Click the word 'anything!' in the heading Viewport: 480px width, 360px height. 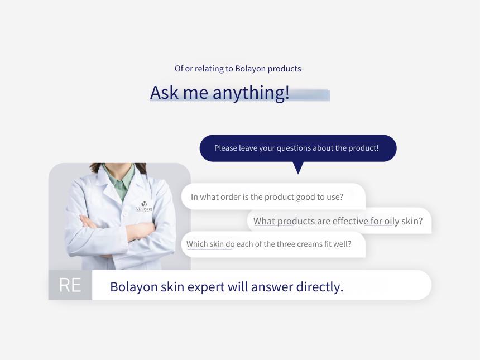tap(251, 93)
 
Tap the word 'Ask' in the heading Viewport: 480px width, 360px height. tap(164, 93)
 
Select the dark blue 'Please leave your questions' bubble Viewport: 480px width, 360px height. tap(298, 148)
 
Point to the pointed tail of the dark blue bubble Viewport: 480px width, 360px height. tap(298, 173)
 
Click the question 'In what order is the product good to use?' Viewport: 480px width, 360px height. tap(267, 197)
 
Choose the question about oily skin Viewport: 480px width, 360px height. tap(338, 221)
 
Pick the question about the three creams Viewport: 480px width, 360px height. tap(269, 244)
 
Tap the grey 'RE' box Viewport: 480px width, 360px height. tap(70, 285)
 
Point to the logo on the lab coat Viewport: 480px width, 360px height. tap(144, 207)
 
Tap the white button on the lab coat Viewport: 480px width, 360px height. tap(125, 214)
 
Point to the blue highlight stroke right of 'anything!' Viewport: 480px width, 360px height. tap(310, 95)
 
